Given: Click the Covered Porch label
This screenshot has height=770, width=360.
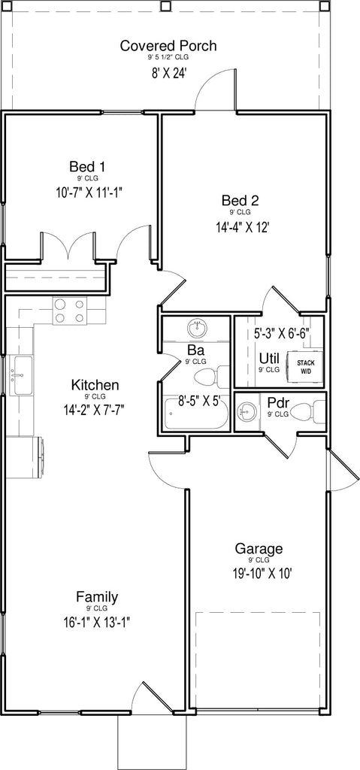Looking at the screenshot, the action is [x=168, y=46].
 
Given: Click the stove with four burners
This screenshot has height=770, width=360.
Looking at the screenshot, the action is [x=69, y=311].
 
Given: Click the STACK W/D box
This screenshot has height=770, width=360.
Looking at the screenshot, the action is [x=305, y=366].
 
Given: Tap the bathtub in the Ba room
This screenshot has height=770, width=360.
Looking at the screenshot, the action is [x=196, y=414].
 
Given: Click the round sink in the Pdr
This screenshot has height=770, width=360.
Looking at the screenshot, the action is [x=247, y=413].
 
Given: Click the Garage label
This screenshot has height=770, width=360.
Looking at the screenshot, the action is [x=259, y=548].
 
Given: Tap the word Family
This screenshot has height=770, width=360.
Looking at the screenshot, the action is [x=97, y=598].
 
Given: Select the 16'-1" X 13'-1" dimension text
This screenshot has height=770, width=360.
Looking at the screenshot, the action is [x=96, y=623].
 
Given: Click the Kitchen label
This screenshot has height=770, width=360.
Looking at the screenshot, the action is [x=95, y=384].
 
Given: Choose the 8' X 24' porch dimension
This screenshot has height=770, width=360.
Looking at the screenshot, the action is [x=168, y=74].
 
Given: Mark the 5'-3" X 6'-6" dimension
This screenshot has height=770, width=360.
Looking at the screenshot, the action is [x=281, y=333].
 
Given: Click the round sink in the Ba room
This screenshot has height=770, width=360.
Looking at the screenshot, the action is [x=198, y=329].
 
